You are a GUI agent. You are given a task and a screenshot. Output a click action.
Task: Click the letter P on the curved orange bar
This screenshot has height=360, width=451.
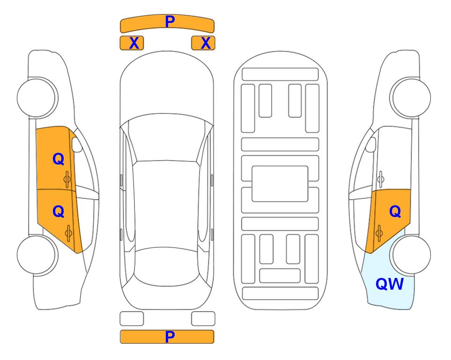[170, 22]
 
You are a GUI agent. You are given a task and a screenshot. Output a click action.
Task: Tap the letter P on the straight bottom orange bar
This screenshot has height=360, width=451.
[170, 337]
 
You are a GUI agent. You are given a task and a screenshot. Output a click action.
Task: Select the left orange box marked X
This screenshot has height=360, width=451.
[132, 43]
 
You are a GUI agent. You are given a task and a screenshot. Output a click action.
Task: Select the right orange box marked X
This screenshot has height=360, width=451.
[203, 43]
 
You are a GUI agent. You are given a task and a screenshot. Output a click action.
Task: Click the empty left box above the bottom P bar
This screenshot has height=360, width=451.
[132, 319]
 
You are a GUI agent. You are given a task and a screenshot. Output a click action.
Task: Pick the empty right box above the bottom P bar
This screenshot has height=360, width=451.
[203, 319]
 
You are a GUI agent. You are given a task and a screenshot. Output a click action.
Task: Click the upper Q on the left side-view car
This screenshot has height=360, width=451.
[59, 159]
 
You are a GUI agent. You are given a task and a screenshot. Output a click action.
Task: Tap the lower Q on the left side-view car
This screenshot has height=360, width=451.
[59, 212]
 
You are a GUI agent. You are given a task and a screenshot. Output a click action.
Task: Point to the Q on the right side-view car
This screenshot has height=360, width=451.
[395, 212]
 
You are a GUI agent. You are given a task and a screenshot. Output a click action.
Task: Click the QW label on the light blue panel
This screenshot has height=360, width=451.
[390, 284]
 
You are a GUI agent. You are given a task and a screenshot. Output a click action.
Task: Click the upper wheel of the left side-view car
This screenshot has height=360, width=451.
[37, 97]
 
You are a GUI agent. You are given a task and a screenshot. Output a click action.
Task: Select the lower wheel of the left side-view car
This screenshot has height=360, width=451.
[37, 255]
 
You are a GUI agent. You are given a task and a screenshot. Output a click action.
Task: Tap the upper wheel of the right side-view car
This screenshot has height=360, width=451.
[410, 97]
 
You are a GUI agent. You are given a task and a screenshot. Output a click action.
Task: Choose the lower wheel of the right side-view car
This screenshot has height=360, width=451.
[410, 255]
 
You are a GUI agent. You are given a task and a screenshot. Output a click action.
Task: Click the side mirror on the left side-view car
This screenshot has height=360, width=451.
[77, 144]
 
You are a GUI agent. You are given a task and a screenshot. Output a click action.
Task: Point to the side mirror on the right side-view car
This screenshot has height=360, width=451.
[370, 144]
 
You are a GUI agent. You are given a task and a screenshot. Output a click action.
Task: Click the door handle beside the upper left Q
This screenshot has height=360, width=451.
[67, 180]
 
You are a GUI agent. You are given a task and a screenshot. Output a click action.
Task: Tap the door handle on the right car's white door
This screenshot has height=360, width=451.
[380, 180]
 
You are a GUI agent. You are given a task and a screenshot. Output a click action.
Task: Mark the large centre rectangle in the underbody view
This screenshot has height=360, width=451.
[280, 184]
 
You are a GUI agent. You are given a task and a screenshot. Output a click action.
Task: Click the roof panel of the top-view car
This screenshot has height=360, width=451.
[166, 204]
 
